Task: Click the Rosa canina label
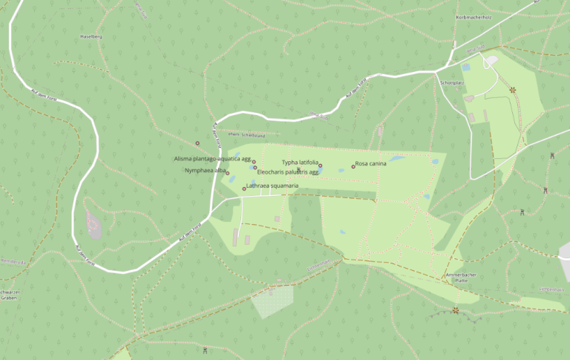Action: pyautogui.click(x=371, y=163)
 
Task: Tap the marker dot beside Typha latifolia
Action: pyautogui.click(x=321, y=166)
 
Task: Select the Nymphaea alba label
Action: pyautogui.click(x=205, y=170)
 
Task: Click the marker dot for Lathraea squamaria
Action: pyautogui.click(x=244, y=189)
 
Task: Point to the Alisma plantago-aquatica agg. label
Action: pyautogui.click(x=212, y=159)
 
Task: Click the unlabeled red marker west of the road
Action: pyautogui.click(x=197, y=143)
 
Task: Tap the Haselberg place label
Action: pyautogui.click(x=91, y=36)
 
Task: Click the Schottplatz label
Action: pyautogui.click(x=451, y=82)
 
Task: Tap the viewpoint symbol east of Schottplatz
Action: pyautogui.click(x=512, y=90)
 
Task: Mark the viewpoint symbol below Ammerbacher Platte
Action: pyautogui.click(x=456, y=310)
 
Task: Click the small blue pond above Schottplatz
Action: pyautogui.click(x=466, y=68)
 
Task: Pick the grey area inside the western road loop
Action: pyautogui.click(x=94, y=223)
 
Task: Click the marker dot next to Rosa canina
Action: pyautogui.click(x=353, y=166)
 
